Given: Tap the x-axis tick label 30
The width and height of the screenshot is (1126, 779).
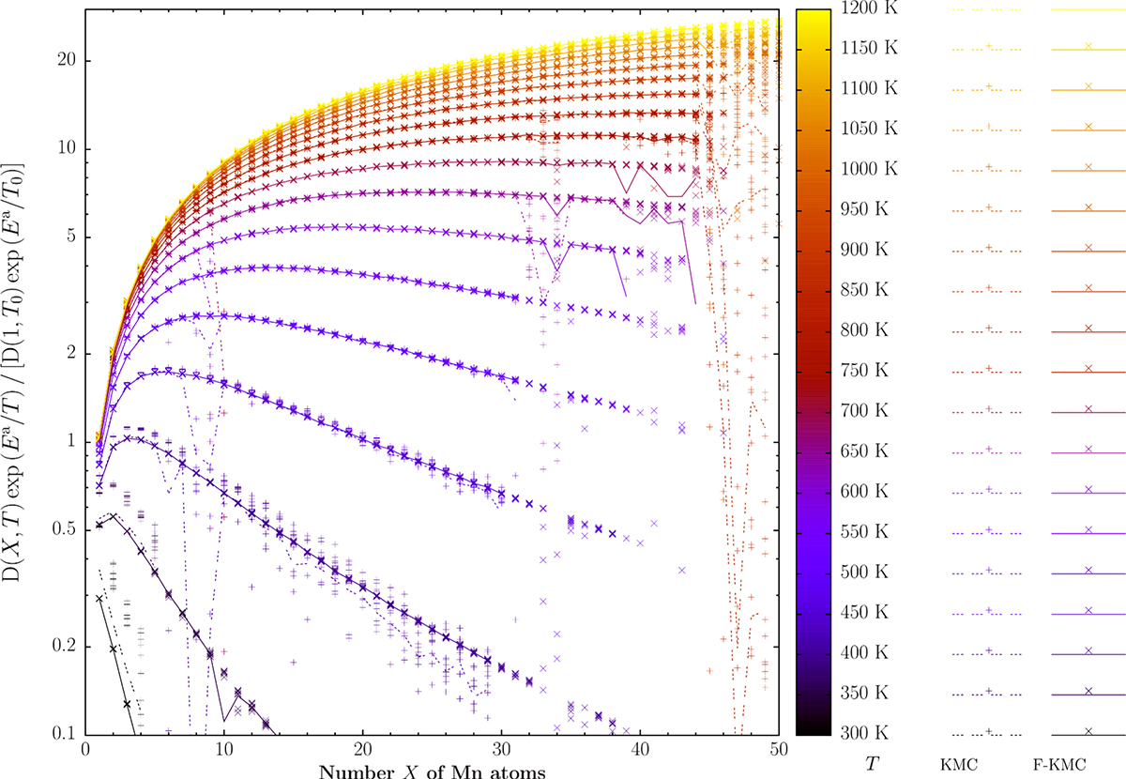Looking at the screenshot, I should click(x=501, y=752).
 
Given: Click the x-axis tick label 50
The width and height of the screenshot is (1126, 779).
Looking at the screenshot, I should click(x=779, y=752).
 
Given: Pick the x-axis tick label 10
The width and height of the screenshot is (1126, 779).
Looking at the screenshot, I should click(x=224, y=752).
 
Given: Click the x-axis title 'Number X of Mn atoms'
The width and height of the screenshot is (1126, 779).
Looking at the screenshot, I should click(x=433, y=771).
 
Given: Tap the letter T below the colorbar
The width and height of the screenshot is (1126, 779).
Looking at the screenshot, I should click(x=875, y=764).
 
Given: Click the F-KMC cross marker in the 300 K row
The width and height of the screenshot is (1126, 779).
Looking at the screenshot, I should click(x=1088, y=730).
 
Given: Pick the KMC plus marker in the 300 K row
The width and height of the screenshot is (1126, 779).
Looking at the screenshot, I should click(x=990, y=730).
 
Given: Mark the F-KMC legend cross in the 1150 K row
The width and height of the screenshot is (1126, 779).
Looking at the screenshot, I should click(x=1088, y=45).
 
